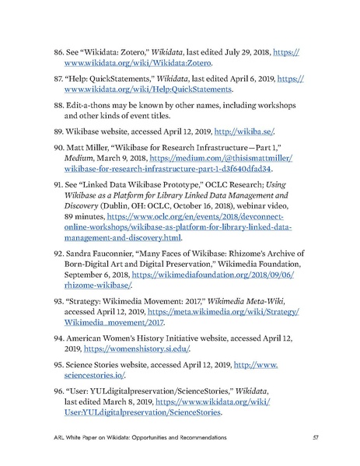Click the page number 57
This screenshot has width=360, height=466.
[x=314, y=436]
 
